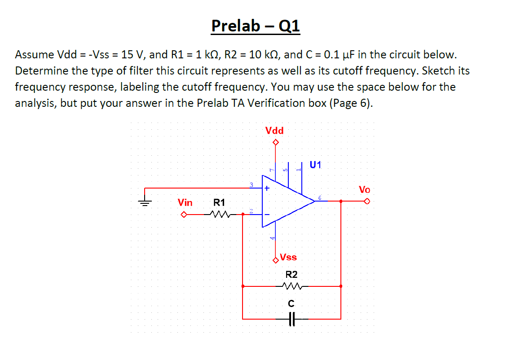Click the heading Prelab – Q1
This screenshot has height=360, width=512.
(256, 26)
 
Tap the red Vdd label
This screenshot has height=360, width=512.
(274, 131)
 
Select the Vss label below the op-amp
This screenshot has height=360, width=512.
(288, 257)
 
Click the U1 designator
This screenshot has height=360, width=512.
(316, 165)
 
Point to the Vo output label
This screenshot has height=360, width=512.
(364, 189)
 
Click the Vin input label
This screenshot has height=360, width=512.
(185, 202)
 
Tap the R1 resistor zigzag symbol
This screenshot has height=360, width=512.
(219, 214)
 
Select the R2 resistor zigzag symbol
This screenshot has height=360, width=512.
(291, 286)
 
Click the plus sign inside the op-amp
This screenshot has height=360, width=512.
(267, 189)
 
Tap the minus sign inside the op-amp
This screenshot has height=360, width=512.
(267, 215)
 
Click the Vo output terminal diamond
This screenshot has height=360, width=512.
(367, 202)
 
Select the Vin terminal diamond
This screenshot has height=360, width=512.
(183, 214)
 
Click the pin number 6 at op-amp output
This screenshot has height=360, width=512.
(320, 198)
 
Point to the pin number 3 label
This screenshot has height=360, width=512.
(252, 184)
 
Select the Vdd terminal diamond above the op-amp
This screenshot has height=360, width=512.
(276, 143)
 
